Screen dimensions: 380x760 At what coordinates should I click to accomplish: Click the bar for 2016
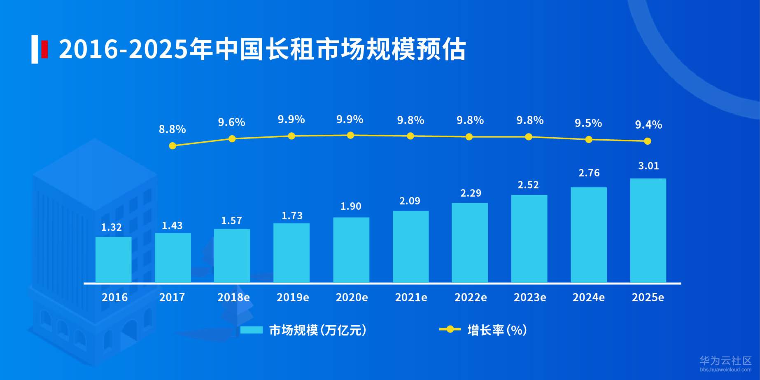[x=113, y=260]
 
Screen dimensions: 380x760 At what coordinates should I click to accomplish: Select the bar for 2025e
[x=648, y=230]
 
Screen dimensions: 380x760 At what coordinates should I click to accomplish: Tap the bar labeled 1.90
[x=351, y=250]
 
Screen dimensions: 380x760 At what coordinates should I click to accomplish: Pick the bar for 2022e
[x=470, y=243]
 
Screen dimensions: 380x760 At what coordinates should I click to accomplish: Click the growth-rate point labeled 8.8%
[x=173, y=145]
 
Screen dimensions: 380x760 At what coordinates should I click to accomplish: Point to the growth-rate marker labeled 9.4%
[x=647, y=141]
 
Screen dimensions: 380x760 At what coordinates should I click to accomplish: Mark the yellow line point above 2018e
[x=232, y=138]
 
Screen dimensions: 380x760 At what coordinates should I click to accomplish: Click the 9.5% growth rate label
[x=588, y=123]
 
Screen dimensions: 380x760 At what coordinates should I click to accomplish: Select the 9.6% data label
[x=231, y=122]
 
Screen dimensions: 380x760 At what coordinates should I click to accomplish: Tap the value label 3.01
[x=648, y=166]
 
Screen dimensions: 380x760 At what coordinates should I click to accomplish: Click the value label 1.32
[x=111, y=227]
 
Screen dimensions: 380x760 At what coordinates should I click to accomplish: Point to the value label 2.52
[x=528, y=185]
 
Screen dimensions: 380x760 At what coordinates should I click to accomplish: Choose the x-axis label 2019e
[x=292, y=297]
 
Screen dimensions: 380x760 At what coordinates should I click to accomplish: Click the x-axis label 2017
[x=172, y=297]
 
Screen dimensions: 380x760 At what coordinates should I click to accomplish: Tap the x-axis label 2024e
[x=588, y=297]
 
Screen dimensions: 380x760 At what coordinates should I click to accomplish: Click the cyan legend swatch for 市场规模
[x=251, y=330]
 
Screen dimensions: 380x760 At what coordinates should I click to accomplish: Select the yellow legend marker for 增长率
[x=450, y=329]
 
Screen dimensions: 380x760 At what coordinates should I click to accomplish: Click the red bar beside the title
[x=44, y=49]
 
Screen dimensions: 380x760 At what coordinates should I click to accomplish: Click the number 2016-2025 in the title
[x=124, y=49]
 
